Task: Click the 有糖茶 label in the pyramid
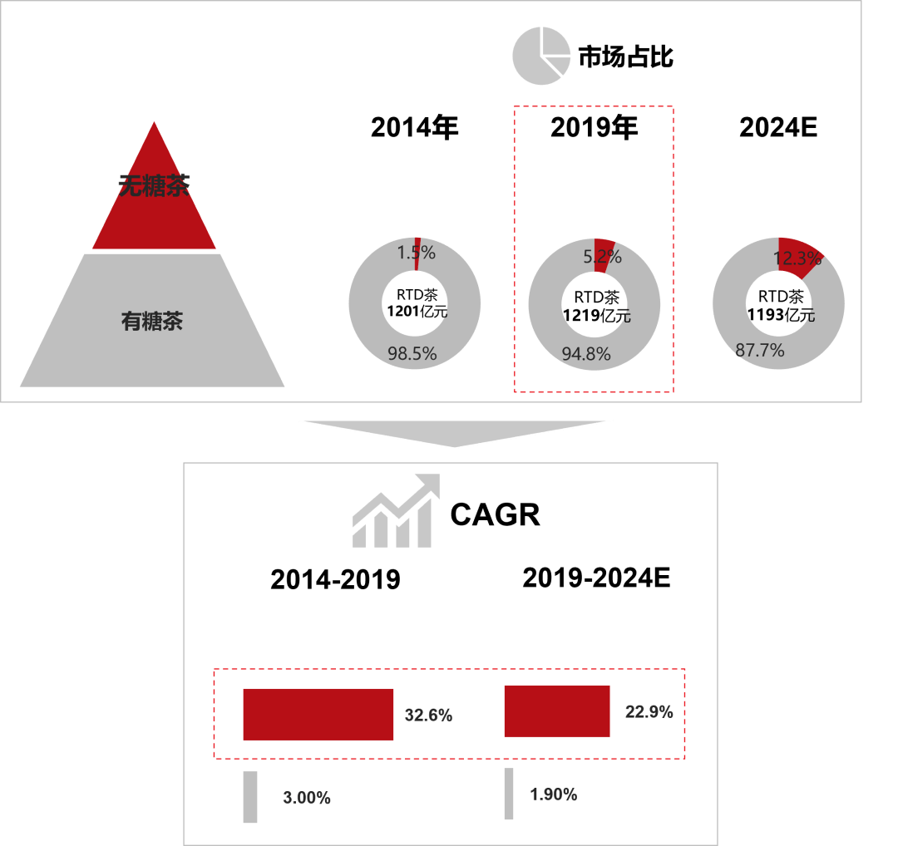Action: point(152,321)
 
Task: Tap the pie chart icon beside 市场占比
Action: point(541,56)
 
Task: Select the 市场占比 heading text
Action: point(625,57)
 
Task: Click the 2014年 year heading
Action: point(415,127)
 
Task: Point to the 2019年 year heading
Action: point(594,127)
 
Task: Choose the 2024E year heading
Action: point(778,127)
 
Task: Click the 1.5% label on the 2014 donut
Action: point(417,253)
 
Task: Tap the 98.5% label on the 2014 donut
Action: point(412,353)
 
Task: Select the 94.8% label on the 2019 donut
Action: point(586,354)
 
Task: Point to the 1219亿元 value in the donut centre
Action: point(597,316)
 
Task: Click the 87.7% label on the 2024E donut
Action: point(760,350)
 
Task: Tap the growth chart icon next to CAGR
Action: point(396,510)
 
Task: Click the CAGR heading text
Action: point(495,514)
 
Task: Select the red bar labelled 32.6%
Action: point(318,715)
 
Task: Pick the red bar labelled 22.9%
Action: point(557,711)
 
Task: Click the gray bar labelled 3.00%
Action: point(250,797)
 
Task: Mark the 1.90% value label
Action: point(553,794)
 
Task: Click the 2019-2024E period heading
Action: point(596,578)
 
